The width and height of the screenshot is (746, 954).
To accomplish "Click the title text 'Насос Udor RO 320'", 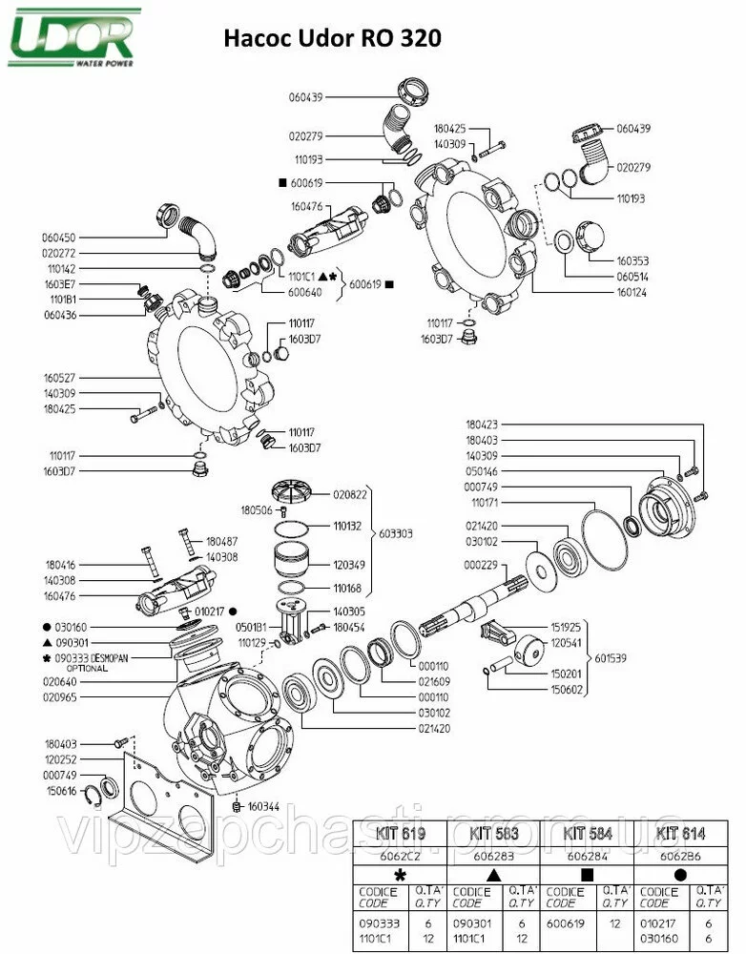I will click(x=332, y=40).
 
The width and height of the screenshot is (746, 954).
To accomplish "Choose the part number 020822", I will click(x=350, y=494).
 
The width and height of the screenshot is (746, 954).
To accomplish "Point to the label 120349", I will click(x=350, y=565).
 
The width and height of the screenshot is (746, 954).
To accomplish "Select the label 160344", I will click(x=265, y=806).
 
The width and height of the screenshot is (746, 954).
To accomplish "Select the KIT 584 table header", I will click(x=588, y=833).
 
